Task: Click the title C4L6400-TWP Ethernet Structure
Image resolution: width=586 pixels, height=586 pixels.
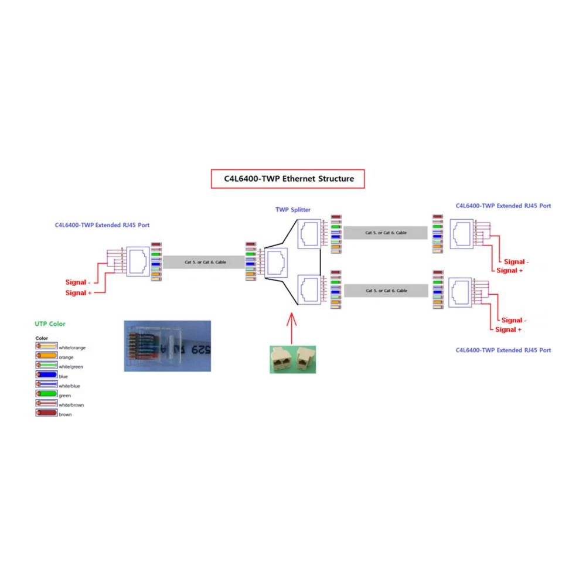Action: [x=287, y=179]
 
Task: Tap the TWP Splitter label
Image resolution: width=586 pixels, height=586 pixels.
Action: [x=293, y=209]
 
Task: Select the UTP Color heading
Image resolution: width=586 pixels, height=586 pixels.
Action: [x=50, y=323]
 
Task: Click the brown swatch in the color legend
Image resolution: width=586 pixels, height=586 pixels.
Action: [x=46, y=414]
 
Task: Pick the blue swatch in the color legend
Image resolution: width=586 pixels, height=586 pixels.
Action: [x=46, y=376]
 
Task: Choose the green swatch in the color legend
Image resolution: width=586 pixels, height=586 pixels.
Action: [x=46, y=395]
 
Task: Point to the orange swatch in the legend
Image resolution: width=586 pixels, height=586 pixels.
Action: [x=46, y=356]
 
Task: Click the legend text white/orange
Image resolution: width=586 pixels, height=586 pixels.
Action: [x=72, y=347]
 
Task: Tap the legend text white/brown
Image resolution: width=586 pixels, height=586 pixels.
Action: [x=71, y=405]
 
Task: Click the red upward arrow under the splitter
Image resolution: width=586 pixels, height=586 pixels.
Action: [x=292, y=328]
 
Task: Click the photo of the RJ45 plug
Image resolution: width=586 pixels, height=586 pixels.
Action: [x=167, y=346]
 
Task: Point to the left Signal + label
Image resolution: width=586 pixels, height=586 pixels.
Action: [x=79, y=292]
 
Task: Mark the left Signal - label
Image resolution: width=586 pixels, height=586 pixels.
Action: [x=78, y=282]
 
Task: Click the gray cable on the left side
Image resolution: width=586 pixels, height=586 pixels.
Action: [x=205, y=262]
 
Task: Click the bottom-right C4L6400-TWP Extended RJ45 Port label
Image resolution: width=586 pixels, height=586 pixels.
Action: [x=503, y=350]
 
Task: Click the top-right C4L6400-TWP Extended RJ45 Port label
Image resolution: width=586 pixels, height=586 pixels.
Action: [x=503, y=206]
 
